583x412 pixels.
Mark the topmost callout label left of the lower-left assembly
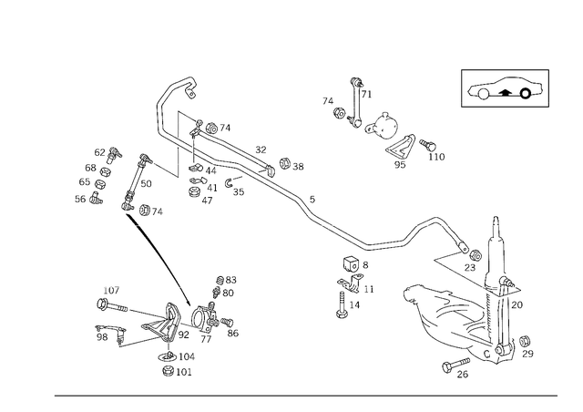pyautogui.click(x=113, y=291)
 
